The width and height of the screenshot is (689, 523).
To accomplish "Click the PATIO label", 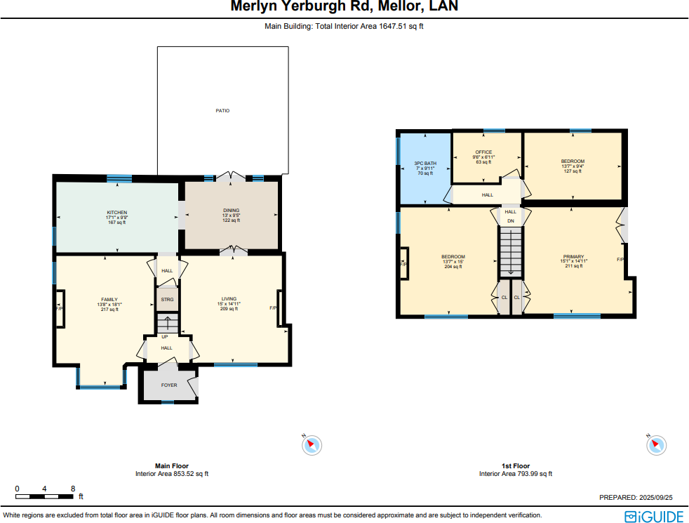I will click(222, 111).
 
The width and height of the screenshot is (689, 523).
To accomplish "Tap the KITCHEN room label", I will click(117, 213).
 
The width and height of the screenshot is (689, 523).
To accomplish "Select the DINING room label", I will click(232, 211).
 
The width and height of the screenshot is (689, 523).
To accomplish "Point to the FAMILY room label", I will click(109, 299).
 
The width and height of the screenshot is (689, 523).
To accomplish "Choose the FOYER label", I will click(169, 385).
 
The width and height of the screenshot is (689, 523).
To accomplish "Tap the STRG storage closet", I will click(167, 299).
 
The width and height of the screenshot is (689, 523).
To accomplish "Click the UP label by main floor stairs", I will click(165, 336).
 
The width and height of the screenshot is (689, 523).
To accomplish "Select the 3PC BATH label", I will click(425, 164).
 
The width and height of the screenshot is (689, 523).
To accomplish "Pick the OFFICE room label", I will click(484, 152).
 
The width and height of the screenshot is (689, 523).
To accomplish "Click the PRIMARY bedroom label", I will click(573, 257).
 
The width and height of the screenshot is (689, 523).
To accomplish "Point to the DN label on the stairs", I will click(511, 221).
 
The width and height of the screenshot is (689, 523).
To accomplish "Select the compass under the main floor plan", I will click(312, 444).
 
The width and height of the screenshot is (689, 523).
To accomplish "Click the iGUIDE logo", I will click(653, 516).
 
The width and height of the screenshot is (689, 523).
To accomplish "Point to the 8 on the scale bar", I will click(73, 489).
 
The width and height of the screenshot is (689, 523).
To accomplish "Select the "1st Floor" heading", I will click(515, 466).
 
